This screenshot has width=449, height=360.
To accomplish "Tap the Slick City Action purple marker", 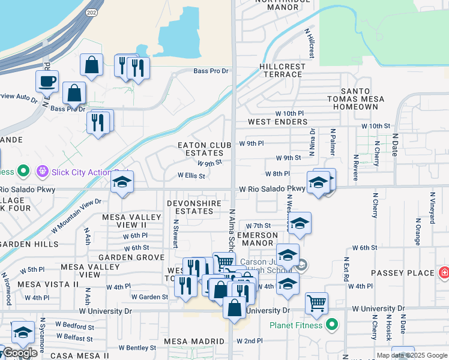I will (x=42, y=172).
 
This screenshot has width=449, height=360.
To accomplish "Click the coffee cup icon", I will (x=47, y=81).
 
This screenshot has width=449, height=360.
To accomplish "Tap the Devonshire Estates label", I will (x=198, y=207).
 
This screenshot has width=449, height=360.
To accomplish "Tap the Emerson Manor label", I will (x=258, y=239).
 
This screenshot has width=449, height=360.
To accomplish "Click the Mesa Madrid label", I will (x=195, y=341).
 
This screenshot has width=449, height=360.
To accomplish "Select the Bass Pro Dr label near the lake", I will (x=211, y=71).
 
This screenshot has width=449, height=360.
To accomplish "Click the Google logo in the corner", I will (x=19, y=353).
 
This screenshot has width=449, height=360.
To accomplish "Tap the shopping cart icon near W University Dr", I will (x=316, y=302).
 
